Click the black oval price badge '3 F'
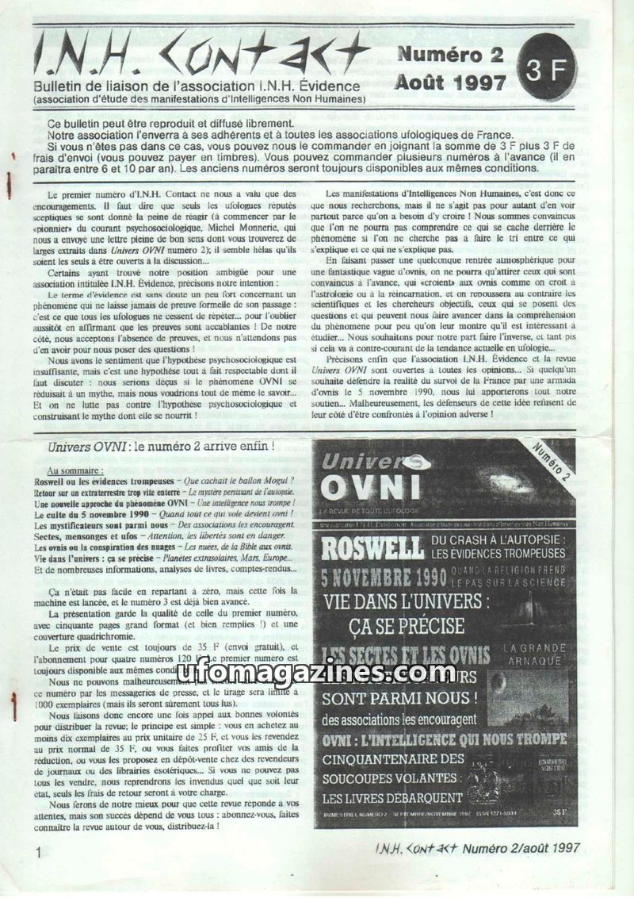point(546,70)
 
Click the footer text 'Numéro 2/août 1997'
point(522,847)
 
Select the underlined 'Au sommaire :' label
point(82,470)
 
